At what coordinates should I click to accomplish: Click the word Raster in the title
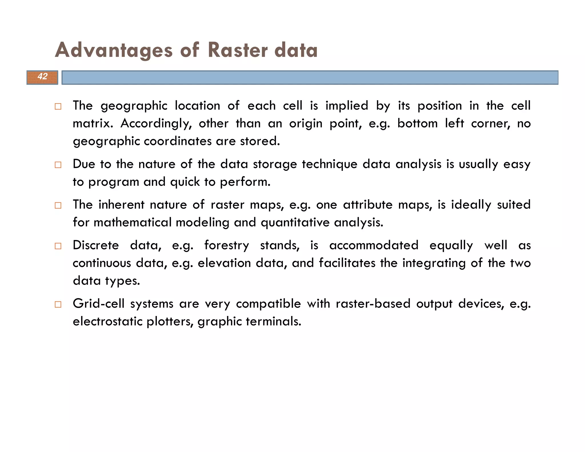pyautogui.click(x=238, y=50)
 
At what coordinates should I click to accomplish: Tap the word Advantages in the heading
pyautogui.click(x=114, y=50)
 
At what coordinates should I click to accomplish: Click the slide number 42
pyautogui.click(x=43, y=77)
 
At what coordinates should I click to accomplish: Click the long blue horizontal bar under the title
pyautogui.click(x=310, y=77)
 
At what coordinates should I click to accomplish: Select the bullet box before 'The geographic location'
pyautogui.click(x=58, y=107)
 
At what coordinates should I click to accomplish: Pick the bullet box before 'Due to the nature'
pyautogui.click(x=58, y=165)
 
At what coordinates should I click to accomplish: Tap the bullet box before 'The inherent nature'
pyautogui.click(x=58, y=205)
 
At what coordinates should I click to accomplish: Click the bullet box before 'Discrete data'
pyautogui.click(x=58, y=246)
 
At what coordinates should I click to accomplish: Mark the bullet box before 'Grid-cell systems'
pyautogui.click(x=58, y=304)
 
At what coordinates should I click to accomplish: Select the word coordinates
pyautogui.click(x=178, y=141)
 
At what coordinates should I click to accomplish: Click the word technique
pyautogui.click(x=329, y=165)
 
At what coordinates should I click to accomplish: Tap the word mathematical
pyautogui.click(x=133, y=223)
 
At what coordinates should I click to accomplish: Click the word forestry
pyautogui.click(x=227, y=246)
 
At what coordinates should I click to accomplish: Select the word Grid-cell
pyautogui.click(x=99, y=304)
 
